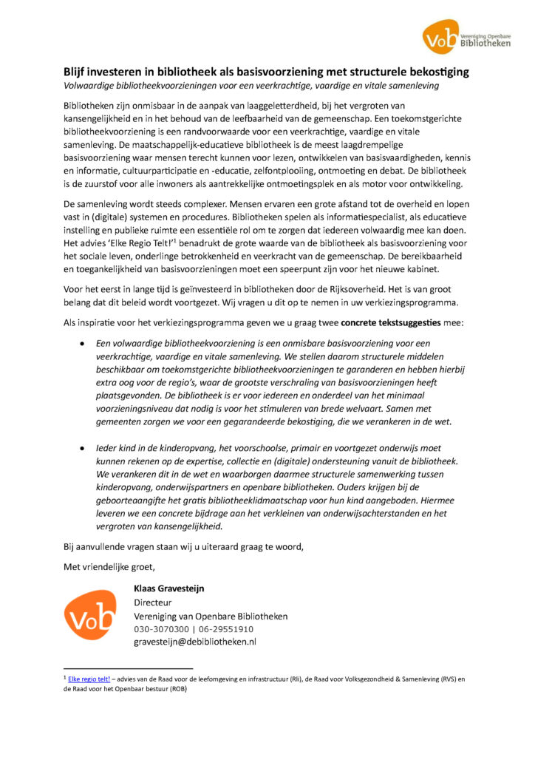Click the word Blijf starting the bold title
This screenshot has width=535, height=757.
pos(75,72)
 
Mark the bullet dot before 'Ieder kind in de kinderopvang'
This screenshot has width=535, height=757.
pos(83,449)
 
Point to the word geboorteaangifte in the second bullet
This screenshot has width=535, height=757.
pos(134,500)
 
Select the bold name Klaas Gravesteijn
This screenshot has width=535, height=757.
pos(168,588)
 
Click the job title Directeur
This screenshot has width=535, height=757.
pos(152,602)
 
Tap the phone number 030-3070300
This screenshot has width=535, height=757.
pos(158,628)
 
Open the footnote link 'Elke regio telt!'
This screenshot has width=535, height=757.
pos(89,679)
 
